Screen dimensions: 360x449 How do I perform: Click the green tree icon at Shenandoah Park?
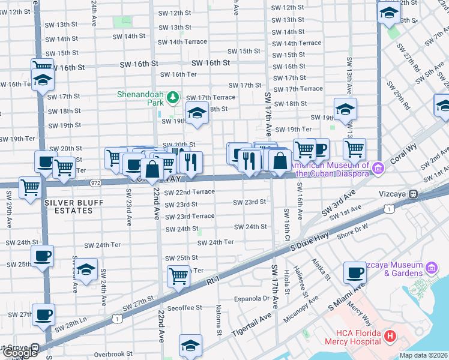point(173,97)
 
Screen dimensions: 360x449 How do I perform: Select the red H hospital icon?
point(390,337)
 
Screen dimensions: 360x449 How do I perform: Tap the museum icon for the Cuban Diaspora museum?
point(378,166)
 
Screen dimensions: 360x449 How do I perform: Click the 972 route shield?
point(95,182)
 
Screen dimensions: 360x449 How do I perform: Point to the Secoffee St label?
point(184,308)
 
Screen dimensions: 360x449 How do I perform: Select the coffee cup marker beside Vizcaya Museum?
point(355,272)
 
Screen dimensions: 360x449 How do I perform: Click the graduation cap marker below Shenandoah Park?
point(196,113)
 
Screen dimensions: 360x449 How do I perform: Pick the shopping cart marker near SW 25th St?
point(178,275)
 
